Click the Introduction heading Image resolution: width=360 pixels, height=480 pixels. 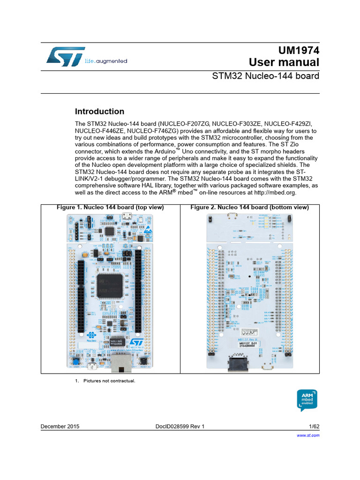[100, 112]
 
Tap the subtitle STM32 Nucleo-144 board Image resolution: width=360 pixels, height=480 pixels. [266, 76]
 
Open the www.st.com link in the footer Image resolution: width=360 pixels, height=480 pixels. [308, 435]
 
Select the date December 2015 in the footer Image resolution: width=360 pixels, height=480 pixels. [60, 426]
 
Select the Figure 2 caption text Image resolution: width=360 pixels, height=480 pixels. [249, 207]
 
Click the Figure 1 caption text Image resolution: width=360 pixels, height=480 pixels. [110, 207]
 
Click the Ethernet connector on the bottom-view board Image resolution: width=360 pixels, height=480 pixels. [238, 363]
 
